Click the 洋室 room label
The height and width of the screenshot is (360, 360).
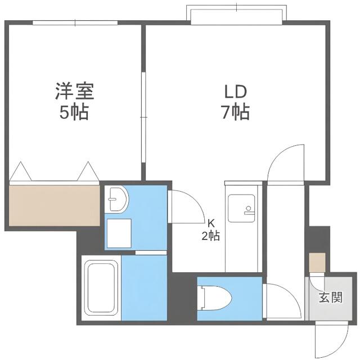[x=75, y=91]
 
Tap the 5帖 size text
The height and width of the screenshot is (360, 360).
[x=74, y=112]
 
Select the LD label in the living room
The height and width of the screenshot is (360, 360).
[x=236, y=91]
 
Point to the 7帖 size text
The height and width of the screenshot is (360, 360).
[x=235, y=112]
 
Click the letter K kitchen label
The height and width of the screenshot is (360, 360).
[x=211, y=223]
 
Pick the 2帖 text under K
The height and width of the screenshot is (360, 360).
[x=211, y=236]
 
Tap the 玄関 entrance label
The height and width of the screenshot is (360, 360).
[x=331, y=297]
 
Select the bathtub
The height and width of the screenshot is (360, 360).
[x=101, y=287]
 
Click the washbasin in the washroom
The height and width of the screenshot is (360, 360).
[x=117, y=199]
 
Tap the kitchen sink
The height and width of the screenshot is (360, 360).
[x=241, y=208]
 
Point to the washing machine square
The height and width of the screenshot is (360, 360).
[x=119, y=233]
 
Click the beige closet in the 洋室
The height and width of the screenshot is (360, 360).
[x=55, y=205]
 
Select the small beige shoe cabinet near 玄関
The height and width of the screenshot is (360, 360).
[x=317, y=263]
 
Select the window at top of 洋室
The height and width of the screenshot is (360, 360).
[x=75, y=22]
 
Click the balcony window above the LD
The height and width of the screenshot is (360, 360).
[x=236, y=14]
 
